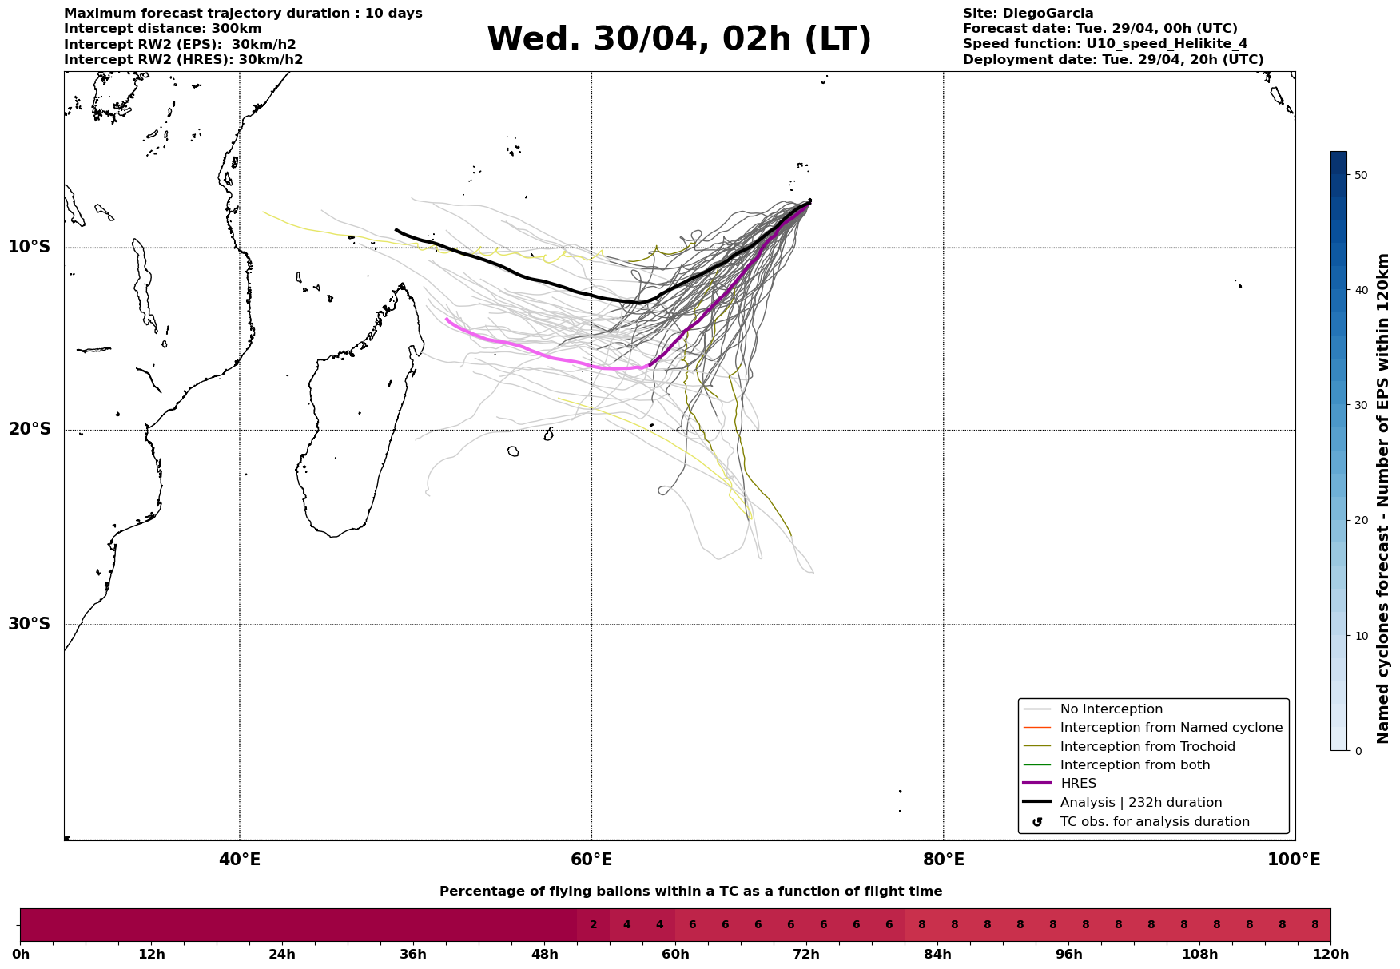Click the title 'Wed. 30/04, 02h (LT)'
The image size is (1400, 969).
pyautogui.click(x=678, y=39)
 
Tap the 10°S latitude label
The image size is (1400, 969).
pyautogui.click(x=30, y=247)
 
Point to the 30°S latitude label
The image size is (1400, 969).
pyautogui.click(x=30, y=624)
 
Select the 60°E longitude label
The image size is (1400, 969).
pyautogui.click(x=591, y=860)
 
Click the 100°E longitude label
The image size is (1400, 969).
pyautogui.click(x=1294, y=860)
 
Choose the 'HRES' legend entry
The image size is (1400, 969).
pyautogui.click(x=1078, y=784)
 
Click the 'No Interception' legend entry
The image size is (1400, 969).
pyautogui.click(x=1111, y=709)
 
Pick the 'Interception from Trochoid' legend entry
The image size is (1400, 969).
pyautogui.click(x=1147, y=747)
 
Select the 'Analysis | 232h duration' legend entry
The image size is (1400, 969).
pyautogui.click(x=1140, y=803)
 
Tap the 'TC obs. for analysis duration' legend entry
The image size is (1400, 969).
pyautogui.click(x=1154, y=822)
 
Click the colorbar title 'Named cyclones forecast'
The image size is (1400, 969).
pyautogui.click(x=1383, y=498)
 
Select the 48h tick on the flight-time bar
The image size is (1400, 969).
pyautogui.click(x=545, y=955)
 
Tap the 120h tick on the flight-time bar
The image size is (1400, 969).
pyautogui.click(x=1330, y=955)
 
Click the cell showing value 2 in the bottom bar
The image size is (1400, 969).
pyautogui.click(x=593, y=925)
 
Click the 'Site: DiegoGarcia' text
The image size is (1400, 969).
pyautogui.click(x=1028, y=14)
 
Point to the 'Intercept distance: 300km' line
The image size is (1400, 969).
pyautogui.click(x=162, y=29)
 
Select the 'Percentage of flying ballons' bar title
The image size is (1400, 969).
pyautogui.click(x=690, y=892)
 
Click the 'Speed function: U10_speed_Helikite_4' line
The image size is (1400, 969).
pyautogui.click(x=1104, y=44)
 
